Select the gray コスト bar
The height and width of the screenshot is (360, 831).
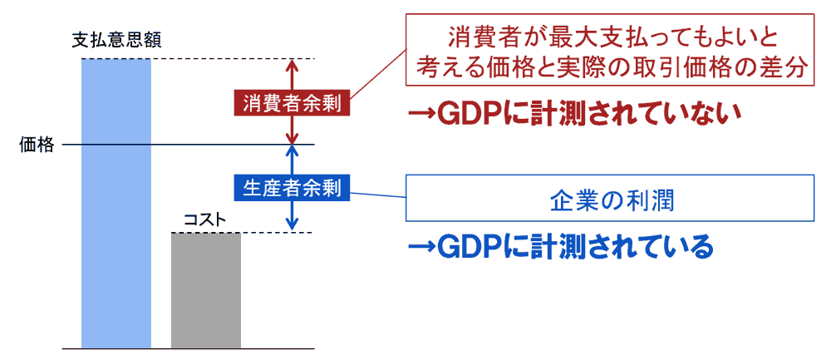(206, 290)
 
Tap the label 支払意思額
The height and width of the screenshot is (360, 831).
(116, 39)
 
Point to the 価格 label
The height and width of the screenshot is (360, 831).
(37, 146)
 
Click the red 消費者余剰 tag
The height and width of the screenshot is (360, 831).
(292, 104)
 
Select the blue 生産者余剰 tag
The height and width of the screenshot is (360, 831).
(292, 188)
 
